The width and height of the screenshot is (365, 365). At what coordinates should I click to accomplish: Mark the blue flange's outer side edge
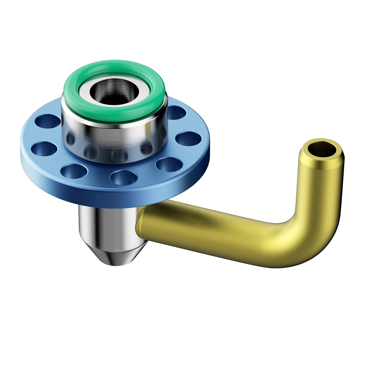pyautogui.click(x=109, y=197)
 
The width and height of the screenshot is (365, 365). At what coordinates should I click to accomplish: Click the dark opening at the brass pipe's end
pyautogui.click(x=322, y=149)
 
